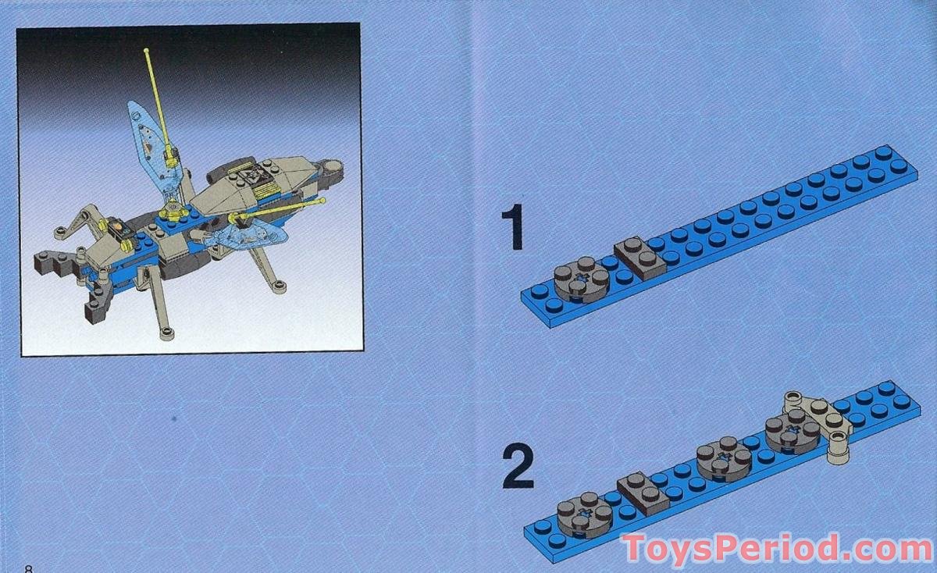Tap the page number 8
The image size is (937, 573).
pyautogui.click(x=30, y=568)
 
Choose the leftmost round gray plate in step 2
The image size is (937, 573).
pyautogui.click(x=585, y=514)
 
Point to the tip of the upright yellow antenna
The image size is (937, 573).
pyautogui.click(x=146, y=52)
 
